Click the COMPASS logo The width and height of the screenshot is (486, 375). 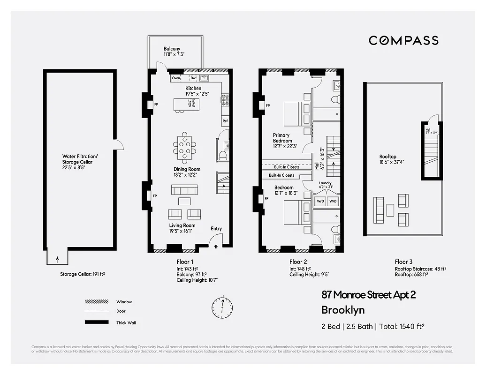point(403,40)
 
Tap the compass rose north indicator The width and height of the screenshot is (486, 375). point(221,307)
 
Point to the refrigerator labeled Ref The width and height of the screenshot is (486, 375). point(225,121)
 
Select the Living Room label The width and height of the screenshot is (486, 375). point(182,225)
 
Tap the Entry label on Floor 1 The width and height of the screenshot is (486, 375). point(216,229)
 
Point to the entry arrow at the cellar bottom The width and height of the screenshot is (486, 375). point(58,258)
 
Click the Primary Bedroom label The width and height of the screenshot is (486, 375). point(282,138)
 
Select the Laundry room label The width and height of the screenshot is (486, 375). point(325,183)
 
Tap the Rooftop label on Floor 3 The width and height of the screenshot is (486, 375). point(388,157)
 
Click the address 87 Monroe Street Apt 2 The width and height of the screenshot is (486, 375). point(368,295)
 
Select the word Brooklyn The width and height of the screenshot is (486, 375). point(342,310)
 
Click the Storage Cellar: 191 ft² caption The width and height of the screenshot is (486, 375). point(83,274)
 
